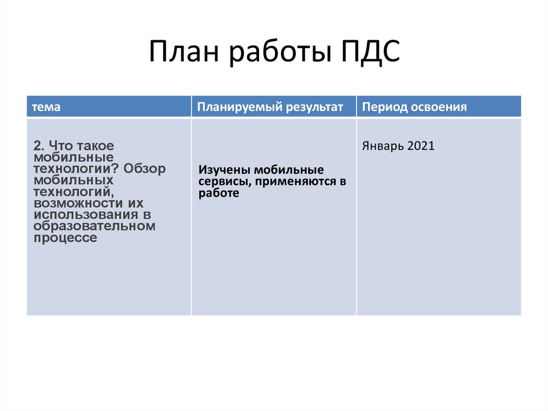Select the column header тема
[46, 107]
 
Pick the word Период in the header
[384, 107]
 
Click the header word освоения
[439, 107]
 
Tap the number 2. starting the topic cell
[39, 146]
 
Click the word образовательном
[94, 226]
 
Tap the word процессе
[65, 238]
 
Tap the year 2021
[421, 146]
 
